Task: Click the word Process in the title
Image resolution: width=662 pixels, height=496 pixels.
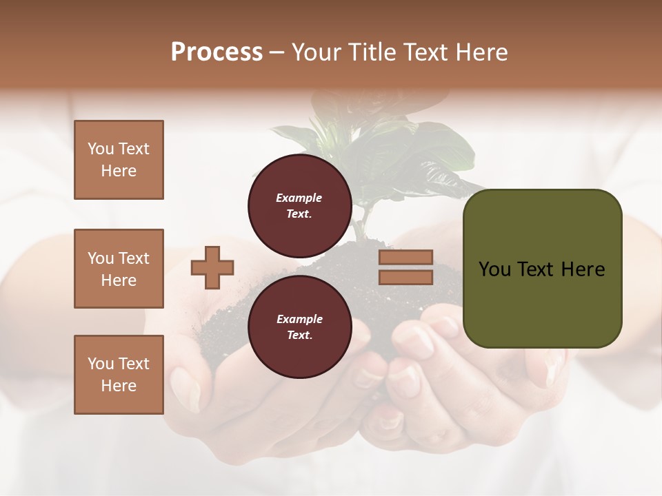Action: coord(217,52)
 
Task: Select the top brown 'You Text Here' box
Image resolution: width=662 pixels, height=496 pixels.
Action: coord(119,160)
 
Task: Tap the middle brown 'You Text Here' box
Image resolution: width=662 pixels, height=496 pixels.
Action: coord(119,269)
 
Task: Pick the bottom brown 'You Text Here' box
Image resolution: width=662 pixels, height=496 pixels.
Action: coord(119,374)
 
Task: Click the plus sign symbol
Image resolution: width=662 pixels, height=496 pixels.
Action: coord(212,267)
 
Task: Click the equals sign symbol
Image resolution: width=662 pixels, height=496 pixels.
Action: coord(405,267)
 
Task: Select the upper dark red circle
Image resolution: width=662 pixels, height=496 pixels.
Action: coord(300,205)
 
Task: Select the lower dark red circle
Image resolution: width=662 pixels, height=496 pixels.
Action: coord(300,327)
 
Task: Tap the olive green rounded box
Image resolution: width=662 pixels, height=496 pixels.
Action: coord(542,268)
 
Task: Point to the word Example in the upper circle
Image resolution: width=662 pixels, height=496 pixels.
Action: coord(299,198)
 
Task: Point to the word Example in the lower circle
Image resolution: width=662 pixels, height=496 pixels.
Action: coord(299,319)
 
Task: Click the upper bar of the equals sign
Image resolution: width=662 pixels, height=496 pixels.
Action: coord(405,258)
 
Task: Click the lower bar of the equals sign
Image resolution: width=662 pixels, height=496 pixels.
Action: coord(405,277)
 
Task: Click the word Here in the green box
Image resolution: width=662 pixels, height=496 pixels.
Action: coord(583,269)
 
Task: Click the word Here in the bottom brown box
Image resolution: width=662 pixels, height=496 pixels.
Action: coord(119,386)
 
